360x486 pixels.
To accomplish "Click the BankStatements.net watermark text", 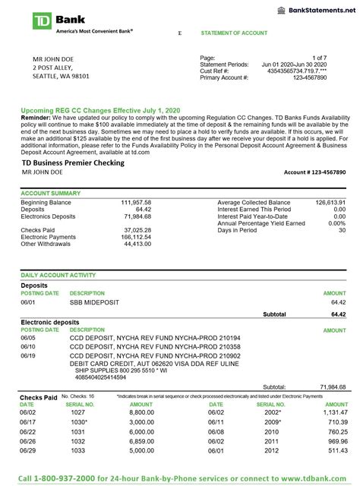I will (x=319, y=8).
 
